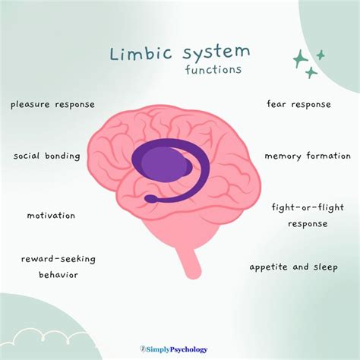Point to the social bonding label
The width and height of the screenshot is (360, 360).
(46, 156)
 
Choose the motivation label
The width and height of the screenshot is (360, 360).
(51, 215)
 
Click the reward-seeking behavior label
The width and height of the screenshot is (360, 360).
(53, 267)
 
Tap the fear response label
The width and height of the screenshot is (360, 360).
(298, 104)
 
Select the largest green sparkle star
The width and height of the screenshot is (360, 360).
(301, 58)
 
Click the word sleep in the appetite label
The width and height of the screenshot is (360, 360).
(324, 267)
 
